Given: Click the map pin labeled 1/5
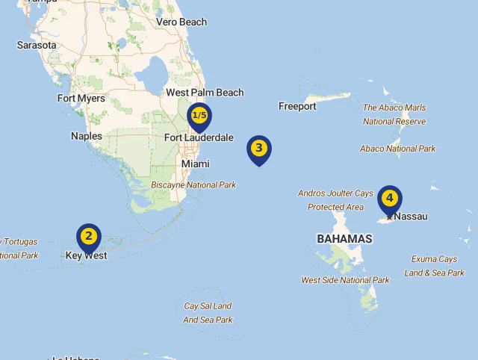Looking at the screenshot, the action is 199,116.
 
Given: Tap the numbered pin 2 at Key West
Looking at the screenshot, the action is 89,237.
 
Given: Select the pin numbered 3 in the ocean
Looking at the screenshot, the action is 259,148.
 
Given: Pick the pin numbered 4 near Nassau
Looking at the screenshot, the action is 390,199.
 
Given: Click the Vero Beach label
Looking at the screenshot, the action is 181,22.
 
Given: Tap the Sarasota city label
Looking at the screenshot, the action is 37,45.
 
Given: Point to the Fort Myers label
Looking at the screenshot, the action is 81,98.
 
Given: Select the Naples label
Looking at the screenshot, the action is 87,136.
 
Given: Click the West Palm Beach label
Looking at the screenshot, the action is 205,93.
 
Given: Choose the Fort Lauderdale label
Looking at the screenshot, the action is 199,137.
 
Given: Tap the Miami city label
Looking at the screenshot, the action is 196,164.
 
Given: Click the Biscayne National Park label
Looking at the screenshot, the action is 193,184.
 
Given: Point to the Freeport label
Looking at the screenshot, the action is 297,106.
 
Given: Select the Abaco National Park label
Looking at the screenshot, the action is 398,149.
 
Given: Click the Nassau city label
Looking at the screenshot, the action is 411,217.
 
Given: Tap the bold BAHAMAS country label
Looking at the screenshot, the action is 344,239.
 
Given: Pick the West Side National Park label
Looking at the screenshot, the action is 345,280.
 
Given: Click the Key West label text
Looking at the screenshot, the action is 86,255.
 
